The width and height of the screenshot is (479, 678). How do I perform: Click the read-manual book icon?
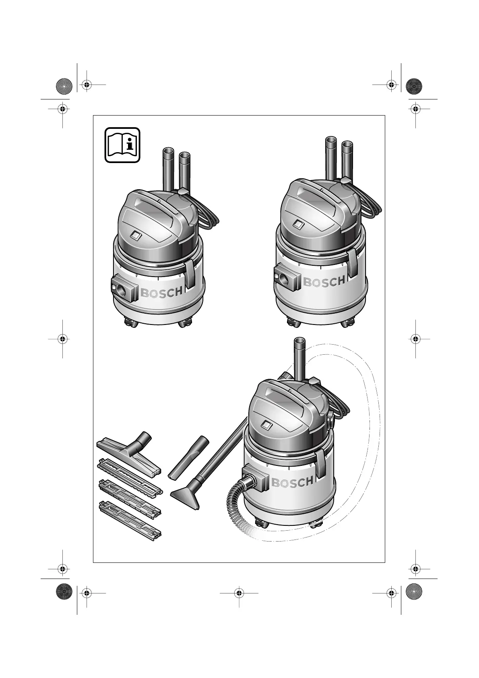point(122,145)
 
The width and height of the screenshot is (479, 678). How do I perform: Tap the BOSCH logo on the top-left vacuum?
point(161,293)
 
